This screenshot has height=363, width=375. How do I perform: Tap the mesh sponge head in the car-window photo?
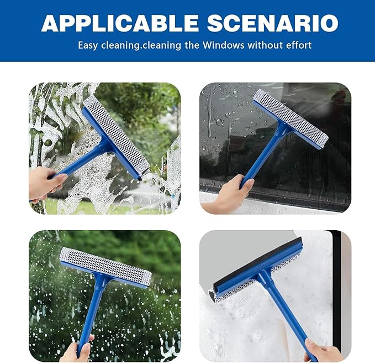[290, 118]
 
